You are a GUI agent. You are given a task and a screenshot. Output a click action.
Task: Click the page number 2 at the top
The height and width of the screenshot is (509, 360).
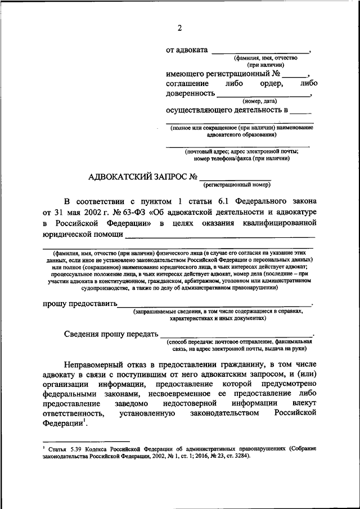179,29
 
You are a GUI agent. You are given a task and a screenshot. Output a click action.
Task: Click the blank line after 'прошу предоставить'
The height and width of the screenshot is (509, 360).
214,305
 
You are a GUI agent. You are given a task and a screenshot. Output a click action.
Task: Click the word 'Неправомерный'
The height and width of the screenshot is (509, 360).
97,364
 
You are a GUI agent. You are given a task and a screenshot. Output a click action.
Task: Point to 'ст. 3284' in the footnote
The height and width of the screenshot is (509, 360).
236,456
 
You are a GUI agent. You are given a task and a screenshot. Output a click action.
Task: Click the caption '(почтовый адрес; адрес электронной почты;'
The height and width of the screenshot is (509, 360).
242,151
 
